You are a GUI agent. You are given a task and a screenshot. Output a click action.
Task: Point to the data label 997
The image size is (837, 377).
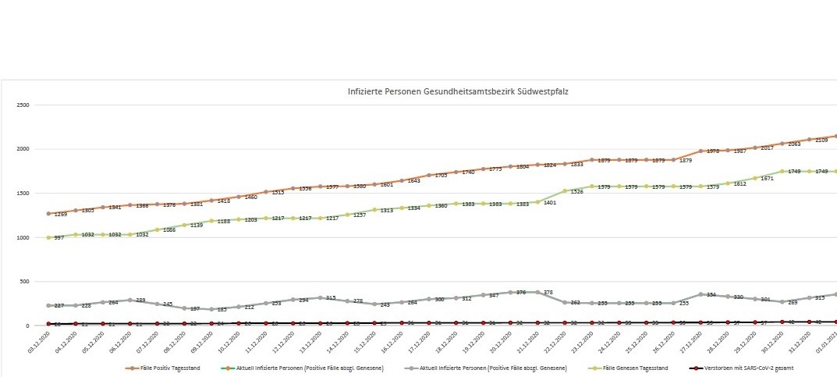coord(58,239)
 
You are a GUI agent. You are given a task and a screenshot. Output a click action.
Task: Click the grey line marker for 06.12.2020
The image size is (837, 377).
coord(129,300)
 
